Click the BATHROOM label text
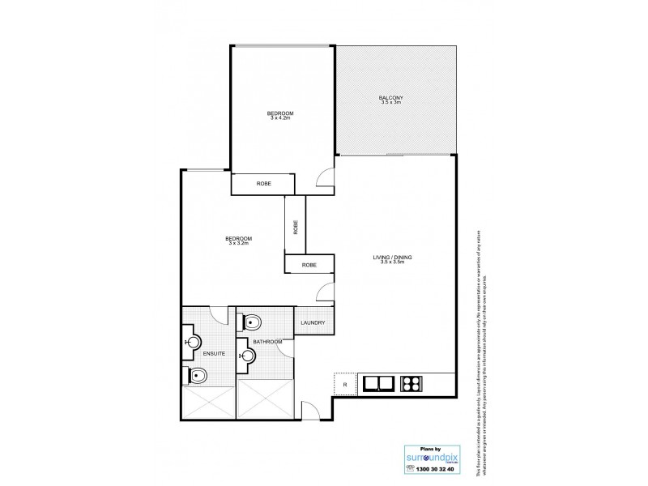(x=266, y=343)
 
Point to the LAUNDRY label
(x=312, y=323)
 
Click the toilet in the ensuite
(x=197, y=375)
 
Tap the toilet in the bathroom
(x=252, y=322)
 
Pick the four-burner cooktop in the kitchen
(x=412, y=384)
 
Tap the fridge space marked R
(x=345, y=384)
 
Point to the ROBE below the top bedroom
(x=263, y=185)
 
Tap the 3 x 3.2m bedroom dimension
(x=240, y=243)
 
